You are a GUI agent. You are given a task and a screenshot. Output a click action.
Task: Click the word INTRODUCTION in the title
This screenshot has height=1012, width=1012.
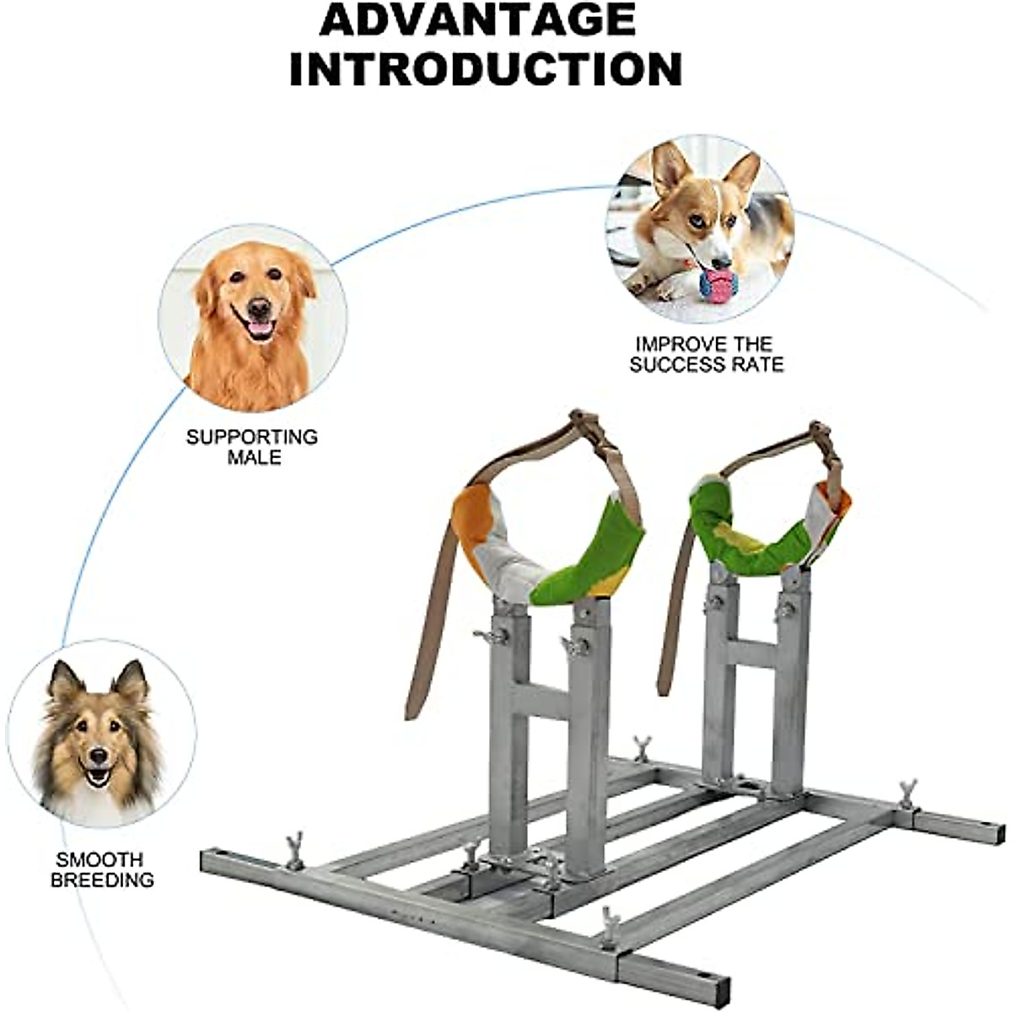tap(486, 68)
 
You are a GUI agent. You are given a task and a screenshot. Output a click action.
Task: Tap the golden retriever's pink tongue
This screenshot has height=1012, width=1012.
tap(259, 328)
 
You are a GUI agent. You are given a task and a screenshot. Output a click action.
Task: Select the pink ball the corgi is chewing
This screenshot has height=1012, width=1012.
tap(718, 286)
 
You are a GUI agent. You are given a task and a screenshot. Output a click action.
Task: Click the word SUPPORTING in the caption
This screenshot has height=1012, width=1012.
tap(252, 437)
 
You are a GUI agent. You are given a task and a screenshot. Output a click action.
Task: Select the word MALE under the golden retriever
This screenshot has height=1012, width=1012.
tap(254, 458)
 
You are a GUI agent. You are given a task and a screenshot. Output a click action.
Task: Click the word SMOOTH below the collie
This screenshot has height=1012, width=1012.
tap(100, 860)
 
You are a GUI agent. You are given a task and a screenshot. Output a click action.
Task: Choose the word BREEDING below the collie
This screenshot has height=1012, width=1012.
tap(102, 880)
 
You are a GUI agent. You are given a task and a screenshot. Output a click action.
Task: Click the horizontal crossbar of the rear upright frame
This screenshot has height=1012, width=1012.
tap(751, 653)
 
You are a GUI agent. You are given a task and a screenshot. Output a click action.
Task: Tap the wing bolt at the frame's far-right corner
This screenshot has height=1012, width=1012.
tap(907, 794)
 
